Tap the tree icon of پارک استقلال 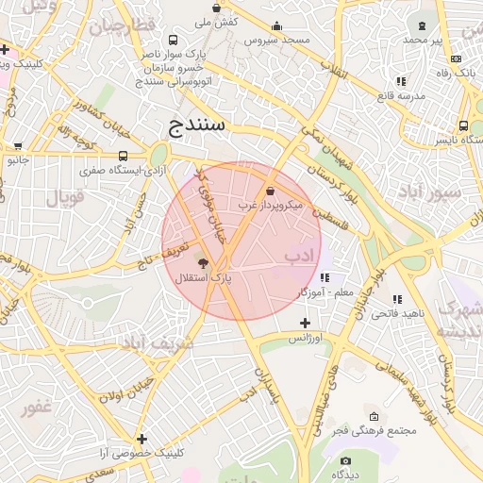pos(203,261)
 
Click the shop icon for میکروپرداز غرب pos(271,191)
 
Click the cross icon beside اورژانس pos(305,323)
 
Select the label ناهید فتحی pos(398,313)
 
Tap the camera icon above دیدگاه pos(345,460)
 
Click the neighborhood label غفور pos(37,408)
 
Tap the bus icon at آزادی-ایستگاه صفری pos(124,156)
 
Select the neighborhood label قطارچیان pos(121,25)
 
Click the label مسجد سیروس pos(276,41)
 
